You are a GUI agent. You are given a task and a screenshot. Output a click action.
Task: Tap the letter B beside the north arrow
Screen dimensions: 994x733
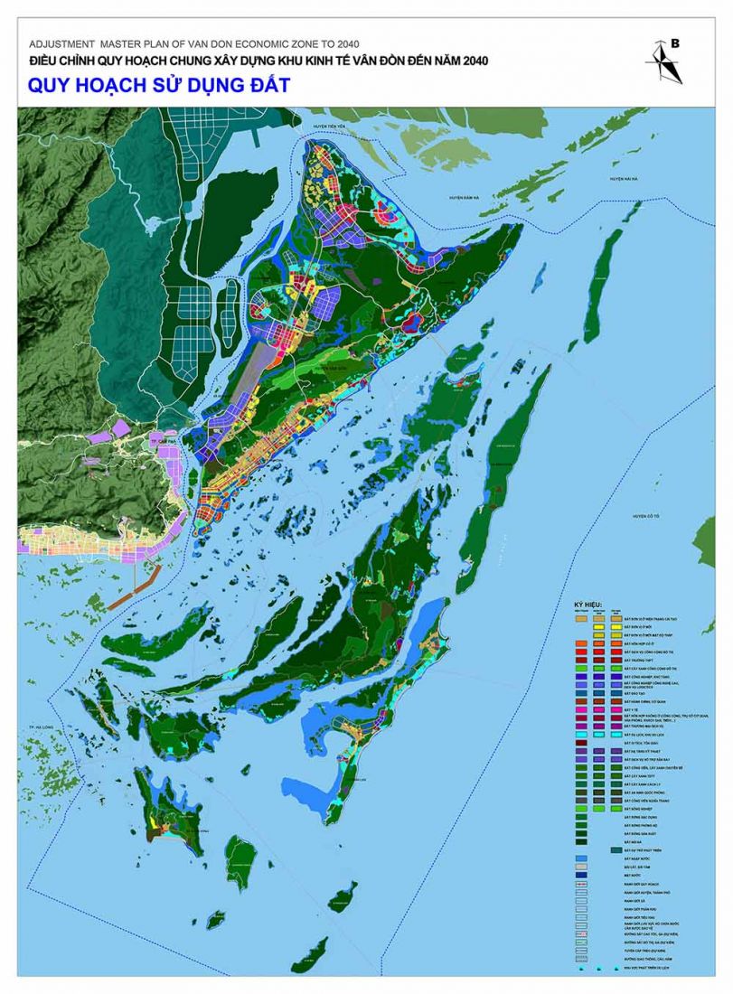(674, 43)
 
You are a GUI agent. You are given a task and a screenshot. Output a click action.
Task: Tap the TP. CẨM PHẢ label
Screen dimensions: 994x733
(163, 435)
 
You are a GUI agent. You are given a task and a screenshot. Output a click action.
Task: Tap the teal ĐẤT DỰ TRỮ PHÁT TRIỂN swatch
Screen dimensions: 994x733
(616, 849)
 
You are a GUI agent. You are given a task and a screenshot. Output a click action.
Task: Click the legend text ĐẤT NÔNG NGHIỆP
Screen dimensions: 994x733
(637, 807)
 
